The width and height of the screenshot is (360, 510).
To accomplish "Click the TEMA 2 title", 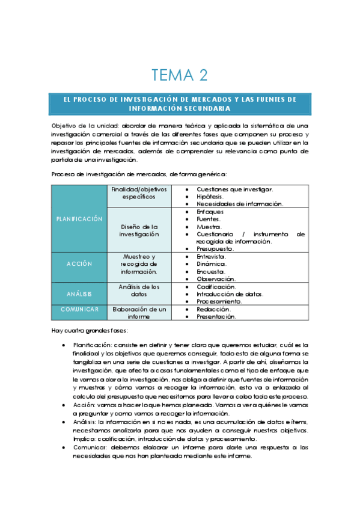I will pos(180,75).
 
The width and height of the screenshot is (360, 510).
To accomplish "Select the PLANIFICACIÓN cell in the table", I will pos(79,219).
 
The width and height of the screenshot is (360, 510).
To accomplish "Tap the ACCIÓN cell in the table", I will pos(79,263).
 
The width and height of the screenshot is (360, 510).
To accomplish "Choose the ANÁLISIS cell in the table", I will pos(79,293).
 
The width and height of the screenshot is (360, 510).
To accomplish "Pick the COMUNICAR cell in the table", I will pos(79,309).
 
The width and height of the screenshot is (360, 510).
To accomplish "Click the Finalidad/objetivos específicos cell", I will pos(138,192).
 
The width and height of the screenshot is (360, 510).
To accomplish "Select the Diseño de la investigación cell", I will pos(138,230).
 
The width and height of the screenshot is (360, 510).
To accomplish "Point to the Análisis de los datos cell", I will pos(138,290).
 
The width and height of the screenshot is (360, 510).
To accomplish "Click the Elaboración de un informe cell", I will pos(138,312).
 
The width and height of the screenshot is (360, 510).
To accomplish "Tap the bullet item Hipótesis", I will pos(210,197).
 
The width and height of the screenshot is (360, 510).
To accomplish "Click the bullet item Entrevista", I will pos(212,256).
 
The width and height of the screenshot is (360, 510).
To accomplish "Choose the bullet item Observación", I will pos(216,279).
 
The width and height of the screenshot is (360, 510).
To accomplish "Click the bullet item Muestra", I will pos(209,227).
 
